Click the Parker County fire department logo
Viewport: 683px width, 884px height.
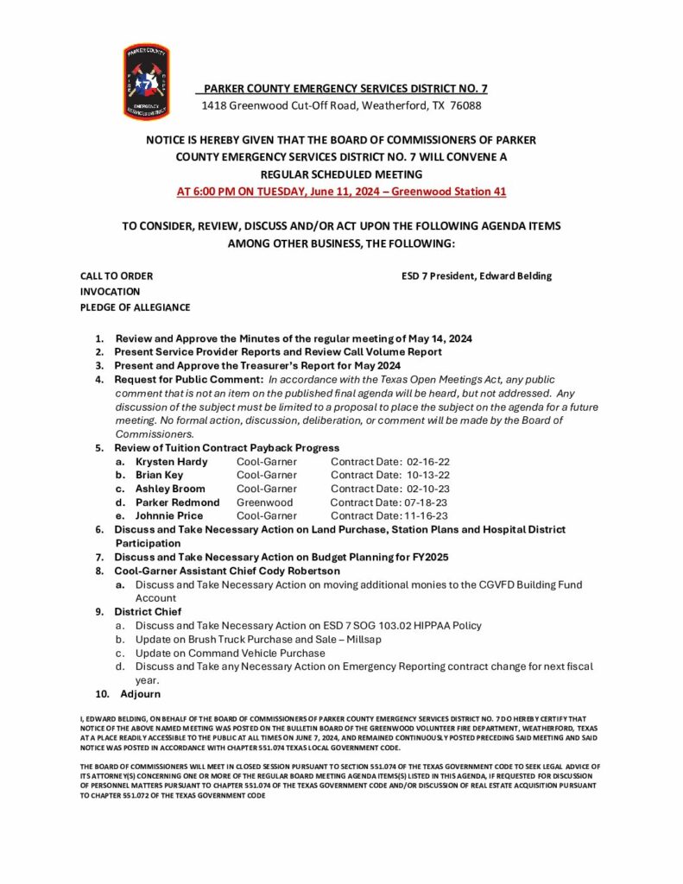point(147,82)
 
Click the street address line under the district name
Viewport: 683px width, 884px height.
point(341,105)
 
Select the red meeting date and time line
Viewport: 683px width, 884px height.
point(341,191)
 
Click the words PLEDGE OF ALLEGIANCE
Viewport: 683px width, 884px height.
point(136,307)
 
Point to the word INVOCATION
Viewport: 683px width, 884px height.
point(111,292)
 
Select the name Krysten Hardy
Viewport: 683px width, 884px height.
point(171,462)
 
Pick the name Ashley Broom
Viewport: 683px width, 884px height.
point(170,489)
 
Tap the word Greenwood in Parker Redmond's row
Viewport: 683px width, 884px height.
point(264,502)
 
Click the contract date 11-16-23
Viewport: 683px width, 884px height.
point(426,516)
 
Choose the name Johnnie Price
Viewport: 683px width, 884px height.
point(169,516)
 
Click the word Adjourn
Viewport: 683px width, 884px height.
point(141,694)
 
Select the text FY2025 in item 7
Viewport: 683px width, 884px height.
point(427,557)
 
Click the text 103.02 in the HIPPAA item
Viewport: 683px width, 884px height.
point(381,626)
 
